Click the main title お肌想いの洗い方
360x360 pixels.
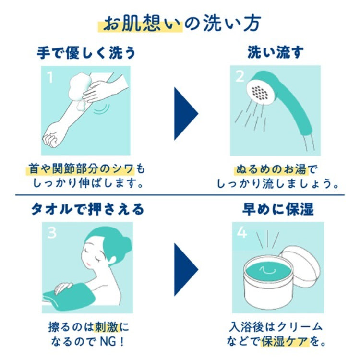point(182,24)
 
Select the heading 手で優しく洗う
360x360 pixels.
point(86,53)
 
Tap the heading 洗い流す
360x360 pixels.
point(276,52)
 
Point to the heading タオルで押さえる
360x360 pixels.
point(87,209)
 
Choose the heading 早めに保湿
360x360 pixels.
point(278,209)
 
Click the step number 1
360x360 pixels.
point(50,77)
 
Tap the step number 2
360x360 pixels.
point(240,76)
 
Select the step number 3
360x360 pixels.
point(52,233)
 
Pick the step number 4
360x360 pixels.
point(242,232)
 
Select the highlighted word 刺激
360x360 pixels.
point(107,327)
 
